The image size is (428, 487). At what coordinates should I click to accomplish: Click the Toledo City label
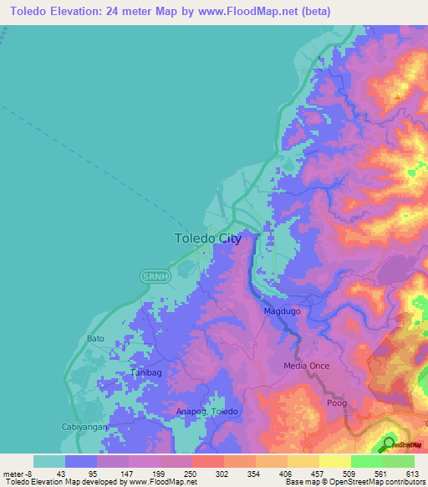pyautogui.click(x=208, y=238)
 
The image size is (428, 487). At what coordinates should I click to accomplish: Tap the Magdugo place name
pyautogui.click(x=282, y=311)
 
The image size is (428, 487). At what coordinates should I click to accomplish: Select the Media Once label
pyautogui.click(x=307, y=366)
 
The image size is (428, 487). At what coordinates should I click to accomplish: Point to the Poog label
pyautogui.click(x=336, y=402)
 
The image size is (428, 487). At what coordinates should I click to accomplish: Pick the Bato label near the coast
pyautogui.click(x=96, y=339)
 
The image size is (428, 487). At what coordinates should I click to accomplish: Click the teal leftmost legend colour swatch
pyautogui.click(x=49, y=461)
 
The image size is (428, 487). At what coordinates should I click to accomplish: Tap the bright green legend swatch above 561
pyautogui.click(x=367, y=461)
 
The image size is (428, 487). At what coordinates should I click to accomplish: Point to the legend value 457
pyautogui.click(x=318, y=474)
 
